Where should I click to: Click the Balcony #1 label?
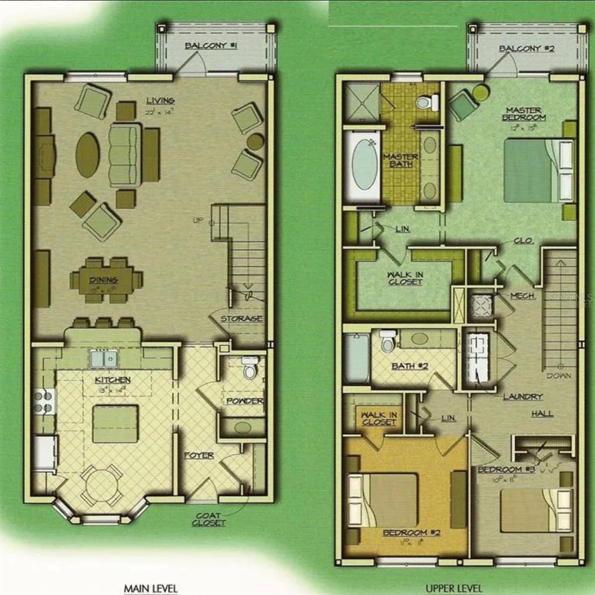click(211, 46)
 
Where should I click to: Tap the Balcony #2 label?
click(527, 49)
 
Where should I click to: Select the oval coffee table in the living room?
click(88, 154)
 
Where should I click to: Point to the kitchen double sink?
click(104, 358)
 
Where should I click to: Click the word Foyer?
click(199, 455)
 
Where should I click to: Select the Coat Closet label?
click(209, 519)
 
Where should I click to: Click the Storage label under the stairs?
click(241, 319)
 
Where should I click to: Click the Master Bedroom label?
click(524, 114)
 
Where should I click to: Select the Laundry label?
click(523, 397)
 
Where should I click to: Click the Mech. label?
click(523, 296)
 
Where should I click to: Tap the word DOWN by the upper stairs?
click(559, 376)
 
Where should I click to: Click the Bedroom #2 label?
click(412, 533)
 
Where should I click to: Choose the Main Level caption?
click(150, 589)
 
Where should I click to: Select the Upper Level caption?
click(454, 589)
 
